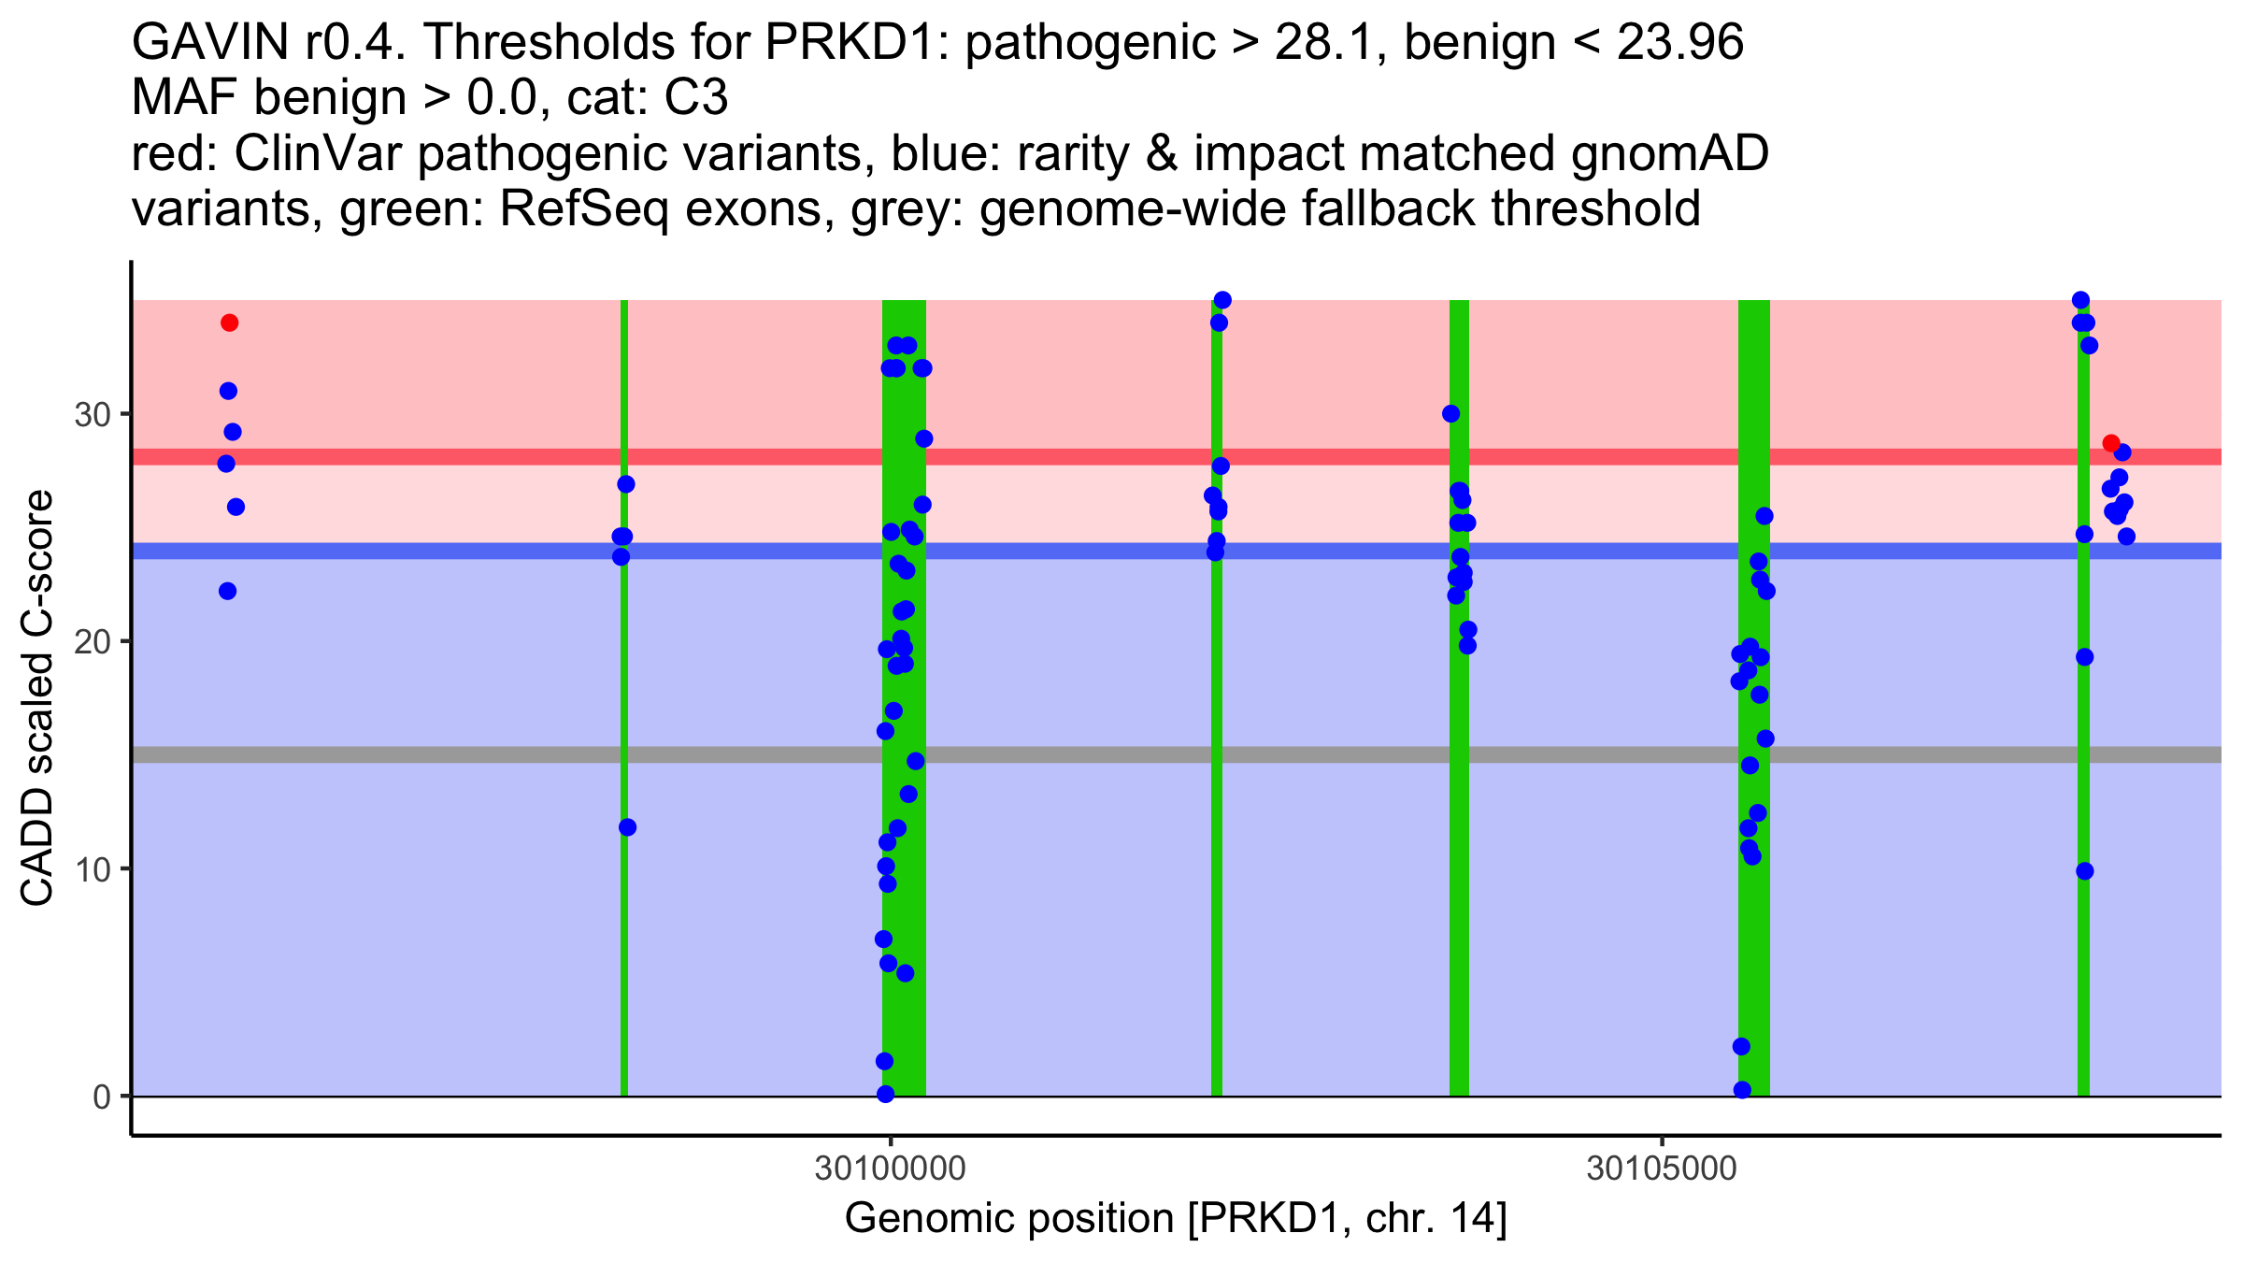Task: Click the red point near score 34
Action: tap(230, 323)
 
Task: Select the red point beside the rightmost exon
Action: tap(2111, 443)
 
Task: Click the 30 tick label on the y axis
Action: tap(93, 415)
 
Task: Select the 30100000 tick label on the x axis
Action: tap(890, 1169)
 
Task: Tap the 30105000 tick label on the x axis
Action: tap(1661, 1169)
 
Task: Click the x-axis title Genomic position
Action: tap(1176, 1219)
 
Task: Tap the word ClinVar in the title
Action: tap(318, 154)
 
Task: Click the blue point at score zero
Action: tap(886, 1094)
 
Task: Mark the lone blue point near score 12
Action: tap(627, 827)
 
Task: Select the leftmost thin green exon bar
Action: tap(624, 701)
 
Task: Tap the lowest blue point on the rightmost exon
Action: tap(2085, 871)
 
